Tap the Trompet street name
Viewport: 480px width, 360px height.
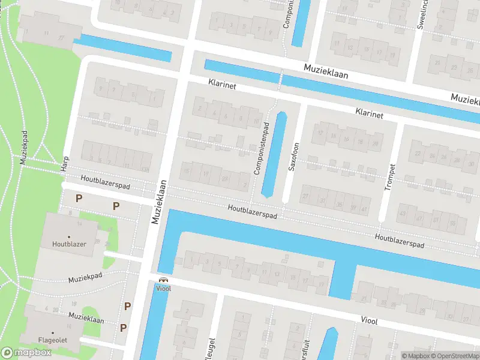(x=389, y=177)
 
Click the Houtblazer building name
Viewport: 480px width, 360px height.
(x=69, y=244)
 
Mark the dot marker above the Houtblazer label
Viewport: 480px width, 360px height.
(x=69, y=237)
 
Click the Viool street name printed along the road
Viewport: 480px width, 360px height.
(x=369, y=321)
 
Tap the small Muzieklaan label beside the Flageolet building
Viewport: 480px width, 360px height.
(x=86, y=319)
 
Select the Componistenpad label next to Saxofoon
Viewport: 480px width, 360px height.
(x=259, y=148)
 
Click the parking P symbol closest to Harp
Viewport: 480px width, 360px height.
(x=77, y=198)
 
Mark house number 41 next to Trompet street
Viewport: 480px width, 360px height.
(x=364, y=209)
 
